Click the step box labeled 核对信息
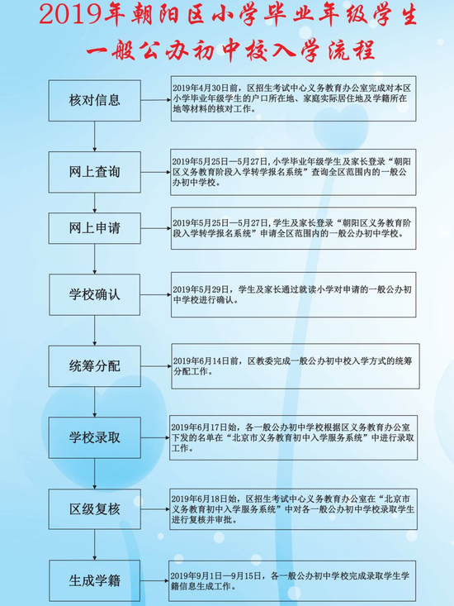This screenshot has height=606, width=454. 94,101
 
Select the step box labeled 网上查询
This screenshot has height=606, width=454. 94,172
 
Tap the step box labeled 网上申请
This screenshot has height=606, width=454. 94,228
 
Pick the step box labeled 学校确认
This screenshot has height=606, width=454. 94,294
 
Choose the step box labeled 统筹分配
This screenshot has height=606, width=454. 94,366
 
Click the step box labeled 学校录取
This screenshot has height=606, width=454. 94,437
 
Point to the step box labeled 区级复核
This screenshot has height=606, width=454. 94,509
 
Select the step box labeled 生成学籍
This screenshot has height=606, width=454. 94,580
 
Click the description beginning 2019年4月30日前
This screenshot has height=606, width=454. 294,98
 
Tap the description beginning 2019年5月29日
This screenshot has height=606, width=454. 294,294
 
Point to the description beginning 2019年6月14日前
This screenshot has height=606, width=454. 296,366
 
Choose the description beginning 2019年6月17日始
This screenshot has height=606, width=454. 294,437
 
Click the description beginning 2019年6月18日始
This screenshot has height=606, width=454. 294,509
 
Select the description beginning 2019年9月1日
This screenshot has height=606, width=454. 293,581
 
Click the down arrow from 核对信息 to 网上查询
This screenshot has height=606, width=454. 94,136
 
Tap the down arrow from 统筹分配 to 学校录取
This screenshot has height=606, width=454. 94,402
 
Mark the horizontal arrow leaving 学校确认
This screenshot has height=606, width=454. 156,294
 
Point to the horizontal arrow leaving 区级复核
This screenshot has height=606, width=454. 155,509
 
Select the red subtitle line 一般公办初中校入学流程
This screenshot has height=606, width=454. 230,50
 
